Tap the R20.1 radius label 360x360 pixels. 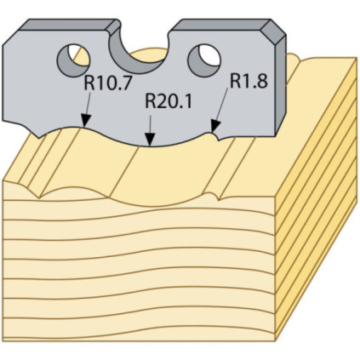(x=169, y=101)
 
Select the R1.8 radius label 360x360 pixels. (x=249, y=80)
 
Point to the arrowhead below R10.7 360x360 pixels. (x=85, y=120)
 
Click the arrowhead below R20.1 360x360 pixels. (x=150, y=140)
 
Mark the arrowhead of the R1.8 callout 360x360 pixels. (x=214, y=126)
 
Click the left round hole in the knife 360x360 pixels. (x=73, y=60)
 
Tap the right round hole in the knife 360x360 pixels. (x=203, y=60)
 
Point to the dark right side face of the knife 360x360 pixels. (x=281, y=85)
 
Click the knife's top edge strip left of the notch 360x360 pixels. (x=70, y=25)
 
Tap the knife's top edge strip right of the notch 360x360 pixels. (x=221, y=25)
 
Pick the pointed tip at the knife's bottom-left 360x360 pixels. (x=39, y=138)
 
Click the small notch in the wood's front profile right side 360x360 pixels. (x=218, y=199)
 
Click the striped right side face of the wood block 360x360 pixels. (x=316, y=198)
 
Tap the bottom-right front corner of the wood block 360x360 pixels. (x=275, y=340)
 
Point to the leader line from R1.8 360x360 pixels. (x=221, y=105)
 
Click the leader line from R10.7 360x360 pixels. (x=87, y=104)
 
